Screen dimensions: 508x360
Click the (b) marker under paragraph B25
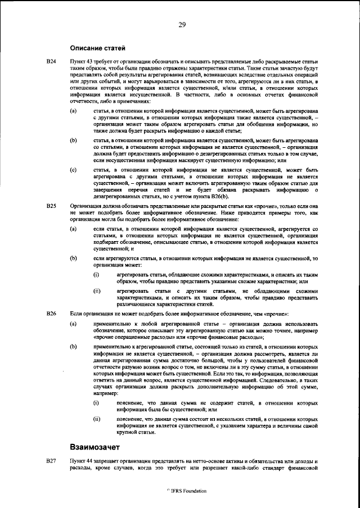point(73,258)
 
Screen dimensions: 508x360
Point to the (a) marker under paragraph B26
point(73,325)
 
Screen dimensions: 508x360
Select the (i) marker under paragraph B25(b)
point(96,274)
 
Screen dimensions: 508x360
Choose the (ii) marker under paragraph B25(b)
point(97,291)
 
